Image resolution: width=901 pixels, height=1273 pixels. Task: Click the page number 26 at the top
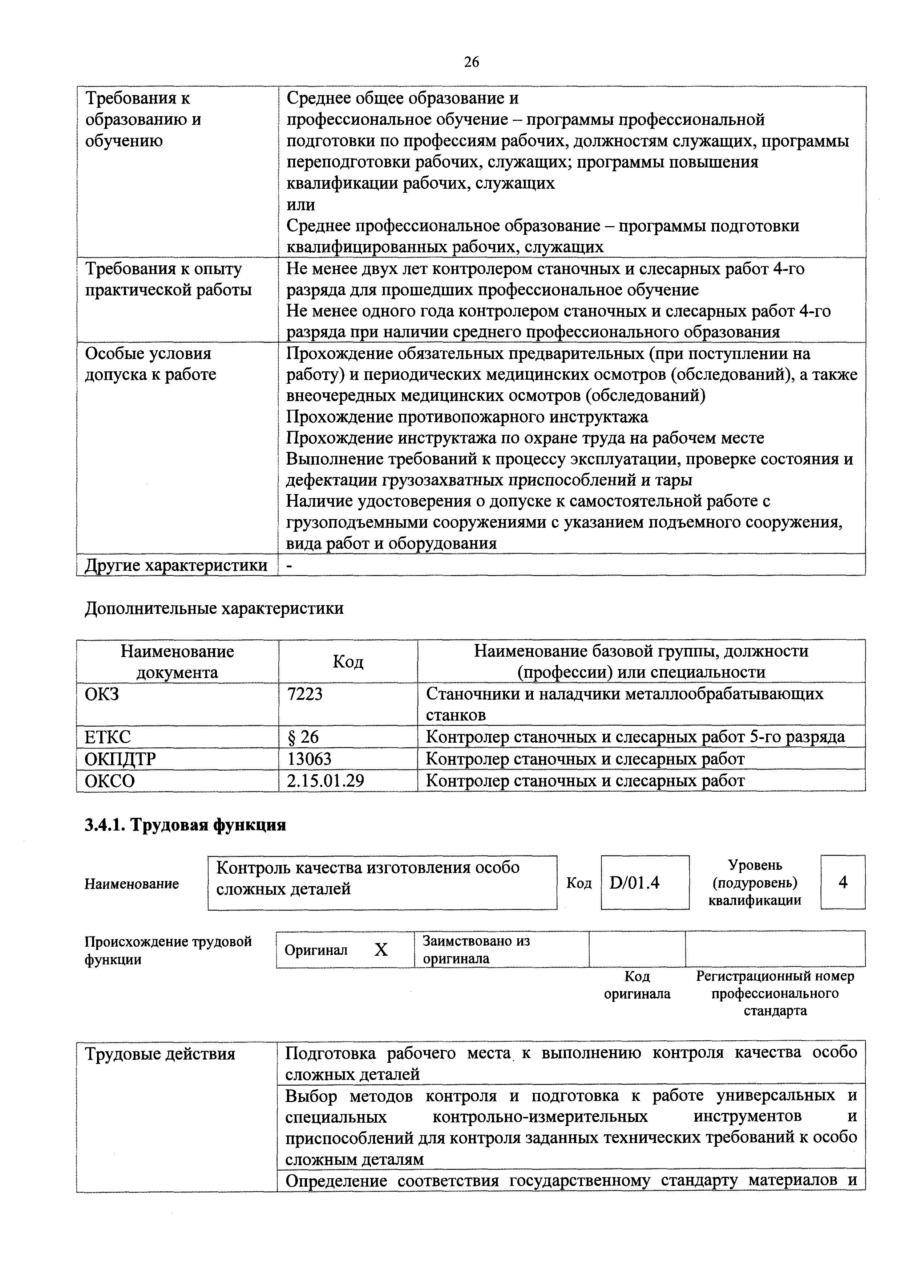(471, 62)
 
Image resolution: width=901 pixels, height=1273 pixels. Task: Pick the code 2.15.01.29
(325, 781)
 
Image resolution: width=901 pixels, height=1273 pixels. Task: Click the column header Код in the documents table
(348, 661)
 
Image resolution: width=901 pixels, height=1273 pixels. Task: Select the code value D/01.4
(635, 883)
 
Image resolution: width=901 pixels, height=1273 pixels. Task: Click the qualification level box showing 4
(843, 883)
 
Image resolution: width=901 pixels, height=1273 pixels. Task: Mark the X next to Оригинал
(381, 950)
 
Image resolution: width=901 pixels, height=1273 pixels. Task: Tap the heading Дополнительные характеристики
(214, 608)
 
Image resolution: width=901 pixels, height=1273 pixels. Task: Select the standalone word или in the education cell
(301, 205)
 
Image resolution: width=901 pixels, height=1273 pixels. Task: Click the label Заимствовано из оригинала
(476, 950)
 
